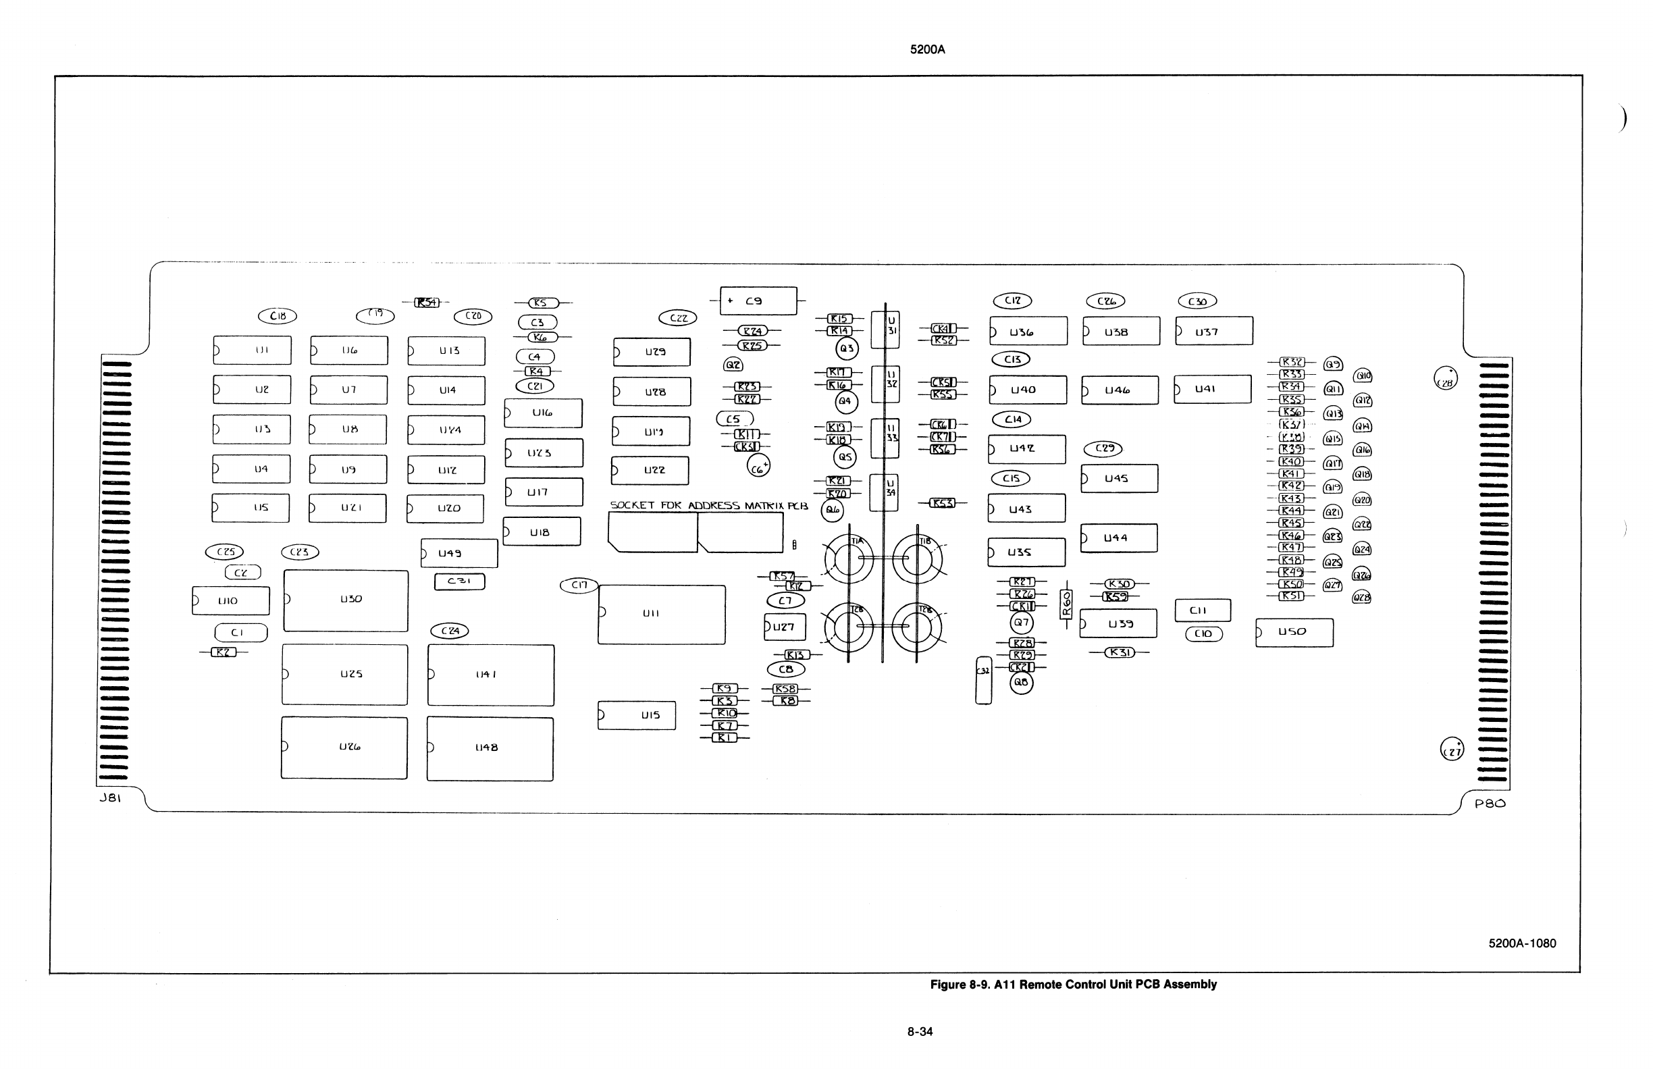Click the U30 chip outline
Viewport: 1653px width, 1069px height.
click(x=346, y=600)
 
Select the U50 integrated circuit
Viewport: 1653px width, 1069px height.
click(x=1294, y=632)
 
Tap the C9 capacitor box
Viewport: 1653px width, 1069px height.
click(x=758, y=301)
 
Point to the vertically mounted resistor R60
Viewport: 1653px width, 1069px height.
click(x=1067, y=604)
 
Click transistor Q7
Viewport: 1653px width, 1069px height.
click(x=1022, y=623)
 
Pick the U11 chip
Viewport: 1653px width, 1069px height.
click(x=661, y=615)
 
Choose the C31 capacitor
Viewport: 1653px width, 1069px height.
click(x=459, y=581)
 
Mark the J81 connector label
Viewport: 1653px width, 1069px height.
click(x=110, y=798)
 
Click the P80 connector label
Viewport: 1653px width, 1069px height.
click(x=1490, y=803)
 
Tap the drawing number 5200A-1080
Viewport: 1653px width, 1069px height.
click(x=1522, y=943)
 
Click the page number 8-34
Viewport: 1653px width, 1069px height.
click(x=920, y=1031)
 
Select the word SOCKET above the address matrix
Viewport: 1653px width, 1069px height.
click(x=632, y=505)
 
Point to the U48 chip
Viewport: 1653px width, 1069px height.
click(x=490, y=748)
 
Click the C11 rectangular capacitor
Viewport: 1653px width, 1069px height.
click(x=1203, y=610)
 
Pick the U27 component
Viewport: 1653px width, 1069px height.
click(x=785, y=627)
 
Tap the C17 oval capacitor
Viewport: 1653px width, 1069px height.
click(x=579, y=585)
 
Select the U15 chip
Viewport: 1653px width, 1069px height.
click(x=636, y=715)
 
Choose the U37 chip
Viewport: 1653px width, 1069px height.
click(x=1213, y=331)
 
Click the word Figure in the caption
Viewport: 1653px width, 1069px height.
click(x=947, y=985)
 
